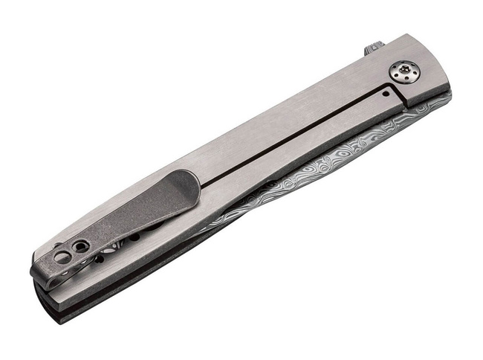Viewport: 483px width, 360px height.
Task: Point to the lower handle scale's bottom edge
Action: [186, 257]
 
